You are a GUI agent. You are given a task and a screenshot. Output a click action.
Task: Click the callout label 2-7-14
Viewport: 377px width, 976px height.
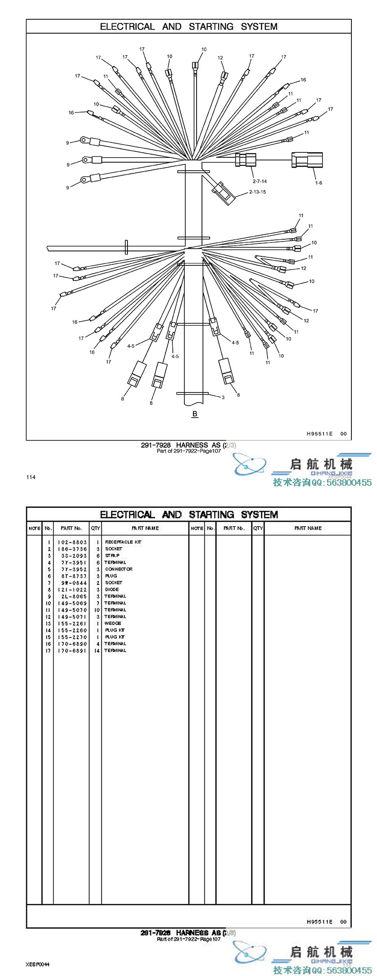pyautogui.click(x=259, y=181)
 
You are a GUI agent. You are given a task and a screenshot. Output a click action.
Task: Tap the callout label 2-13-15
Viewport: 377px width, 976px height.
pyautogui.click(x=257, y=192)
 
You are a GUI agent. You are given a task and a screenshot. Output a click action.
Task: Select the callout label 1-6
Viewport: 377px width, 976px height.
pyautogui.click(x=318, y=182)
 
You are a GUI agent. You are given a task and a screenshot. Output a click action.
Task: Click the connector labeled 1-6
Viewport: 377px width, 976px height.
pyautogui.click(x=307, y=160)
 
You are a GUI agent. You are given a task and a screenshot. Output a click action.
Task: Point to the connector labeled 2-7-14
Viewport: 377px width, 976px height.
pyautogui.click(x=245, y=160)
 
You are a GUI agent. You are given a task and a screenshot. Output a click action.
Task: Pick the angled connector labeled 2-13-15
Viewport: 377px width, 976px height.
pyautogui.click(x=223, y=193)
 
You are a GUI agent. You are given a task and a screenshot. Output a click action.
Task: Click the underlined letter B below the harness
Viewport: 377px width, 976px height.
pyautogui.click(x=195, y=414)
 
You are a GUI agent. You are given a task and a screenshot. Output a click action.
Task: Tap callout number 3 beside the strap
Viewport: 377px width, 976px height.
pyautogui.click(x=223, y=397)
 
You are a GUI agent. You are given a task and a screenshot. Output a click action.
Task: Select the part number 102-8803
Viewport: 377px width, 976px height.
pyautogui.click(x=72, y=542)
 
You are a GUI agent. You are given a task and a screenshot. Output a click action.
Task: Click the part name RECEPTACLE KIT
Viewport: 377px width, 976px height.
pyautogui.click(x=123, y=542)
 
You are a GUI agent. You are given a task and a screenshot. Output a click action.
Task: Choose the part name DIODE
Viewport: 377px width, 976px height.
pyautogui.click(x=112, y=589)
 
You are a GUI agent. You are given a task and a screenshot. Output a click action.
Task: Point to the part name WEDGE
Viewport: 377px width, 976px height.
pyautogui.click(x=113, y=623)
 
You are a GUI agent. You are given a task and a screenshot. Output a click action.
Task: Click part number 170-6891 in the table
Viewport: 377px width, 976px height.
pyautogui.click(x=72, y=650)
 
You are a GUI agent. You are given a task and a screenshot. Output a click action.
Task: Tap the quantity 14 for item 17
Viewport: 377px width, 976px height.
pyautogui.click(x=97, y=650)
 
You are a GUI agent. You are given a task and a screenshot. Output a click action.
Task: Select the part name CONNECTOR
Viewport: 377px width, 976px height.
pyautogui.click(x=118, y=569)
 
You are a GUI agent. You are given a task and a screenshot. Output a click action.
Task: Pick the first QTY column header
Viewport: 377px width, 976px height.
pyautogui.click(x=95, y=528)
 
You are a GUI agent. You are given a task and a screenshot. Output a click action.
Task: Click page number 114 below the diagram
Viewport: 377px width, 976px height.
pyautogui.click(x=31, y=477)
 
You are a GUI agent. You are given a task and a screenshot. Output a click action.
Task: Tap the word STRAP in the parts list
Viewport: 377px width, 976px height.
pyautogui.click(x=112, y=555)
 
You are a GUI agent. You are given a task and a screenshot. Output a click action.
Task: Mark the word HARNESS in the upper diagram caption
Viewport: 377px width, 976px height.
pyautogui.click(x=192, y=445)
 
